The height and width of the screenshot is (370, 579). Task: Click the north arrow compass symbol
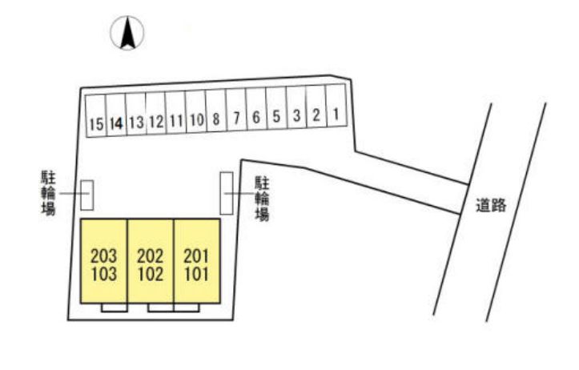(x=127, y=33)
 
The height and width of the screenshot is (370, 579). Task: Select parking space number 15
(x=96, y=116)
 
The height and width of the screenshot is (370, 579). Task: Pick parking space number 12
(x=156, y=114)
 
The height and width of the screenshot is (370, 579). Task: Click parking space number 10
(x=195, y=112)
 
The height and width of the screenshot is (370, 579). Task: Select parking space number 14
(x=116, y=115)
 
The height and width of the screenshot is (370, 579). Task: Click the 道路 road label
(x=491, y=205)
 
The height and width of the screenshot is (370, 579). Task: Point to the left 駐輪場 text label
(x=48, y=192)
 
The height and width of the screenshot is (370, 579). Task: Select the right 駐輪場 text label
(x=262, y=199)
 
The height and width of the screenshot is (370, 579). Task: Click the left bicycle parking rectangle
(x=87, y=195)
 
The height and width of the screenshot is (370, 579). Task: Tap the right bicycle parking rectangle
(x=227, y=193)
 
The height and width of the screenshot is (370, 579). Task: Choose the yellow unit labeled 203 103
(x=104, y=261)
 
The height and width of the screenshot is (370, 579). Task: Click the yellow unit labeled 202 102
(x=151, y=261)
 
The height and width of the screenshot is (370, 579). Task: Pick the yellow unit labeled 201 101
(x=197, y=261)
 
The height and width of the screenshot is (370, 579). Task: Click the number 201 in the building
(x=196, y=256)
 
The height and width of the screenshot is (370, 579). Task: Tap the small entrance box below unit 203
(x=115, y=308)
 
